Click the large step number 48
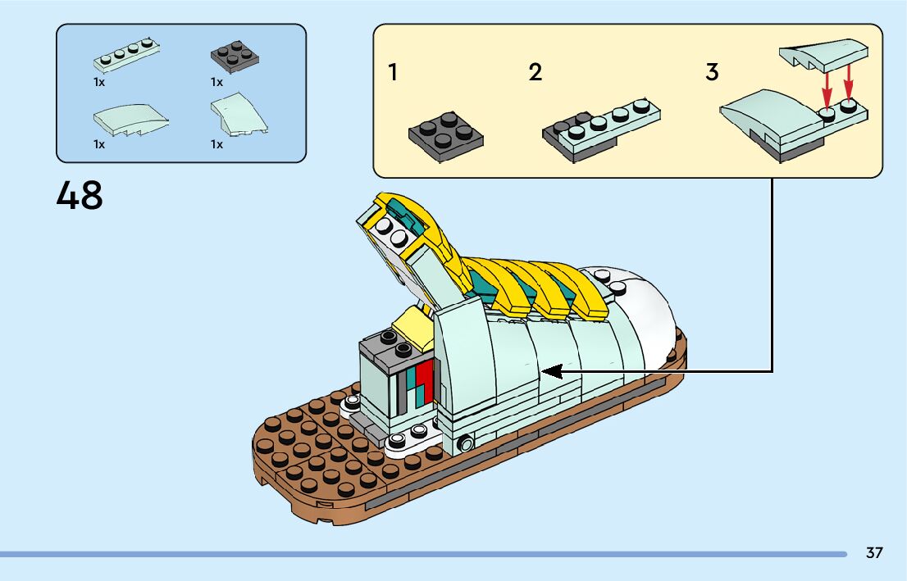click(x=80, y=195)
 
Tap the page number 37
click(x=874, y=553)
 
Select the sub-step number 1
click(x=393, y=73)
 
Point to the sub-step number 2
click(x=536, y=73)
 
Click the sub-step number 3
click(x=712, y=73)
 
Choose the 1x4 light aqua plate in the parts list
click(x=126, y=56)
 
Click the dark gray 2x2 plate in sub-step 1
click(x=445, y=131)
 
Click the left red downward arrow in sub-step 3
click(x=827, y=87)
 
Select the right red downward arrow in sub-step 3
click(x=849, y=82)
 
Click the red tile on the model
click(x=423, y=381)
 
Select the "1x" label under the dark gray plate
click(x=216, y=82)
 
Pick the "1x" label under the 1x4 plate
click(x=99, y=82)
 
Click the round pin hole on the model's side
click(x=467, y=444)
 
